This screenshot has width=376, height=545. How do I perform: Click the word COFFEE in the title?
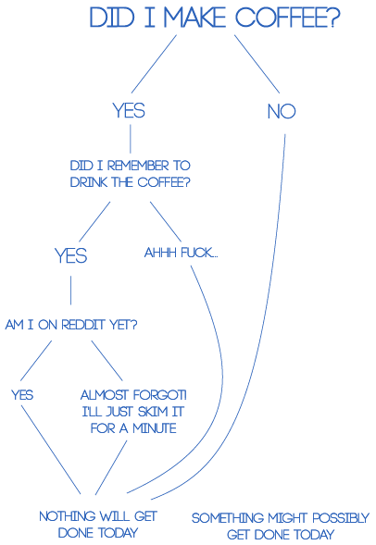[282, 18]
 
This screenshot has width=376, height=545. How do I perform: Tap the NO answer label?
[282, 112]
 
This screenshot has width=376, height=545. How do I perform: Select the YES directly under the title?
[129, 110]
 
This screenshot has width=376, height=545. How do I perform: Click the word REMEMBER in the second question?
[138, 166]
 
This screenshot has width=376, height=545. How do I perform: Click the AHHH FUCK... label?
[182, 253]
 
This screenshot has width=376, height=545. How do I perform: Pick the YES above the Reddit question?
[71, 255]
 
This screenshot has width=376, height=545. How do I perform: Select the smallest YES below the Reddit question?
[22, 395]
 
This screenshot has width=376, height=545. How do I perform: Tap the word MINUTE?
[155, 428]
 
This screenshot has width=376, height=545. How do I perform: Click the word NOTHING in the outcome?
[67, 516]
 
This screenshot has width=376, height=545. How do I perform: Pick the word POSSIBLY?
[341, 518]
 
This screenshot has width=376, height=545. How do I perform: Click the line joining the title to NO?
[257, 64]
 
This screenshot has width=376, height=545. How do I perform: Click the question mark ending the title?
[334, 18]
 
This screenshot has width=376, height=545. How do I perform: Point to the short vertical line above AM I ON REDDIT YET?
[71, 291]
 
